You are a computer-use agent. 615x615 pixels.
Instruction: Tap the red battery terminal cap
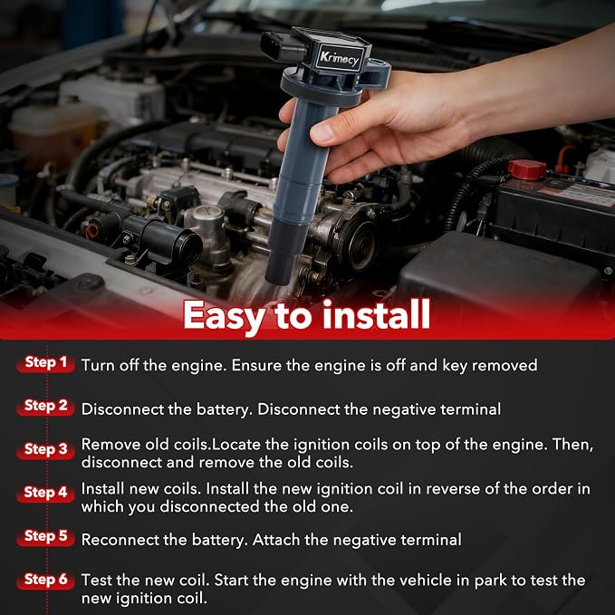(526, 169)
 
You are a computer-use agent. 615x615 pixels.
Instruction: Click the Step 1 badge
(45, 363)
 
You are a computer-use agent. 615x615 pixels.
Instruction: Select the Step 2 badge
(45, 407)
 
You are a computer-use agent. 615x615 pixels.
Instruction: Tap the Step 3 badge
(45, 449)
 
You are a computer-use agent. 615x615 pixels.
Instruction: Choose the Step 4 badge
(45, 493)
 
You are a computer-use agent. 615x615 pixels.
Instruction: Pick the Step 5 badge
(45, 536)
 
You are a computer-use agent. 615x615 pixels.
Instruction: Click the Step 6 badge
(45, 580)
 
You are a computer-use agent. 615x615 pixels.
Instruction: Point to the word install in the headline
(376, 314)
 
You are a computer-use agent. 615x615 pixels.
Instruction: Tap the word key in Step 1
(455, 366)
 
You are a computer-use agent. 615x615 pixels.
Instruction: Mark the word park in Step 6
(491, 581)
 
